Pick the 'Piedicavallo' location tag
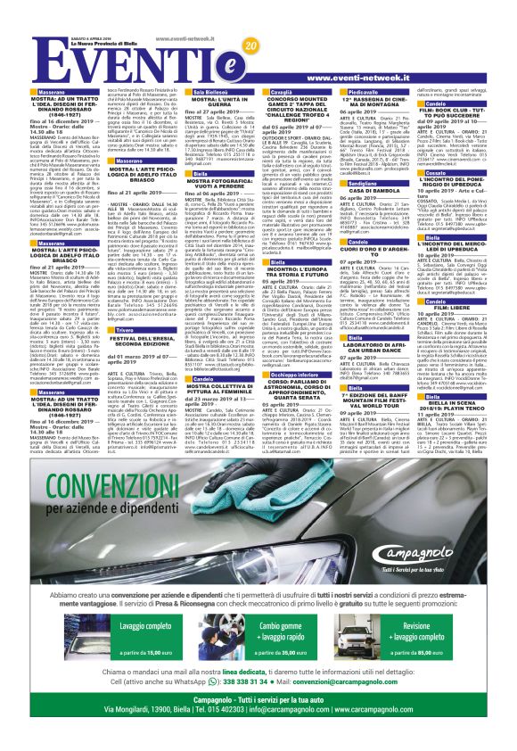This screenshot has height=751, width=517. pyautogui.click(x=366, y=92)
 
